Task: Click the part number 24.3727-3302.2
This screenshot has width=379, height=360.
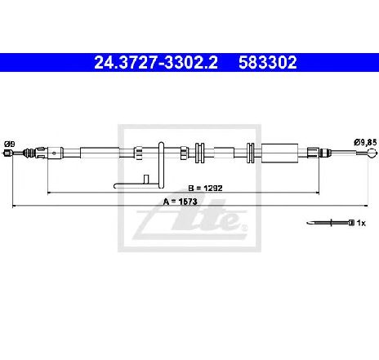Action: coord(156,62)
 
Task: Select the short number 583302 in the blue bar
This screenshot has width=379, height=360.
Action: coord(268,62)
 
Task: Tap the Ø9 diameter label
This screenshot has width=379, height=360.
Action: coord(10,144)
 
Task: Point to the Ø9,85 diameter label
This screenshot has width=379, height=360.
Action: coord(365,142)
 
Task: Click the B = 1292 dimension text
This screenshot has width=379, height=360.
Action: coord(206,188)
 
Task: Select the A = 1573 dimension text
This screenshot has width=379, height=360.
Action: coord(180,202)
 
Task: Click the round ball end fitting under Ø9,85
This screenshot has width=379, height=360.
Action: coord(372,153)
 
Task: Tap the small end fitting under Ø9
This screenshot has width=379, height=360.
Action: coord(8,153)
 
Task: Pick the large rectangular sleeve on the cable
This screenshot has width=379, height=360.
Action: coord(279,153)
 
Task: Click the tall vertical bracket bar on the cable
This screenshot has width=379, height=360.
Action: coord(161,165)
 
